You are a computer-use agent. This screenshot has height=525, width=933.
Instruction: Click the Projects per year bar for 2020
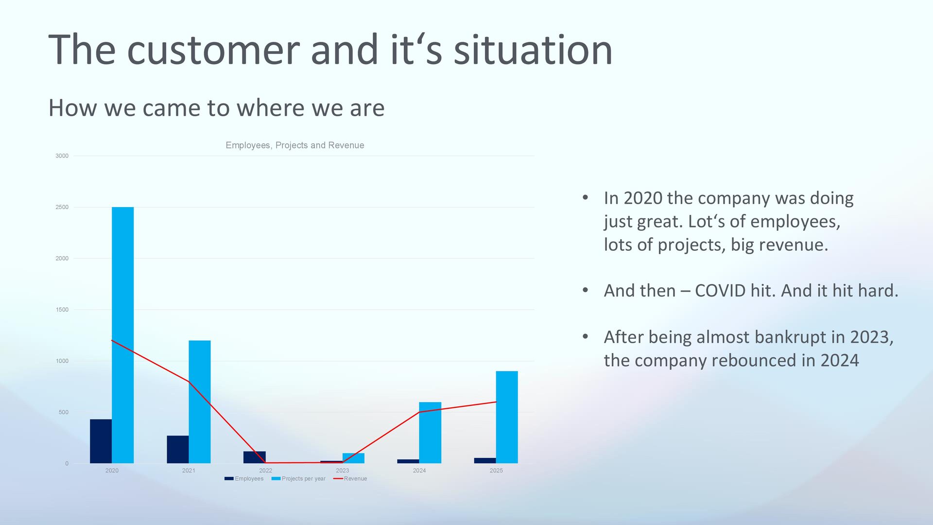122,335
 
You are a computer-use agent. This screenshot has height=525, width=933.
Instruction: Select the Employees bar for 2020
101,441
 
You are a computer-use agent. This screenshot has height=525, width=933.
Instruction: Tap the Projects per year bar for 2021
200,402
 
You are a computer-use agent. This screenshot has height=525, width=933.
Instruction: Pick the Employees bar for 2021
178,449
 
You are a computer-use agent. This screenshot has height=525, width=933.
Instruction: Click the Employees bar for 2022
255,457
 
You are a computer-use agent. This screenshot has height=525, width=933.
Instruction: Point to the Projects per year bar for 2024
430,433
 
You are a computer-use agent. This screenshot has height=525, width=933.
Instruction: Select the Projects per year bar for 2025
507,417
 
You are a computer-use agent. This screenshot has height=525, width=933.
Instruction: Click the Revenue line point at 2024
419,412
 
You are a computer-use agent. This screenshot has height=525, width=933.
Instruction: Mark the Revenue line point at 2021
189,382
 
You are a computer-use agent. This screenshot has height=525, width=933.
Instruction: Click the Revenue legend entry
350,479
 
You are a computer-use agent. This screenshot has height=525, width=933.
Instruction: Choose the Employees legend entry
244,479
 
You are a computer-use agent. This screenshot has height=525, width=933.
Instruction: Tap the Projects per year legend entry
298,479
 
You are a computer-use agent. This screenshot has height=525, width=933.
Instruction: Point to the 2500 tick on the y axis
62,207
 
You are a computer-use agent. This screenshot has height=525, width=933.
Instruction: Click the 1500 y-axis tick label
62,310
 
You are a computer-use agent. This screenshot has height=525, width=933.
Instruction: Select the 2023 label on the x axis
343,471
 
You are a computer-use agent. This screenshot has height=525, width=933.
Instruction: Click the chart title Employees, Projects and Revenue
295,145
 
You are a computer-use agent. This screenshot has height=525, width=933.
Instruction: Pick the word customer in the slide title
213,51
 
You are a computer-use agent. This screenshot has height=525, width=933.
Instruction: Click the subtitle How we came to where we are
216,107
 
